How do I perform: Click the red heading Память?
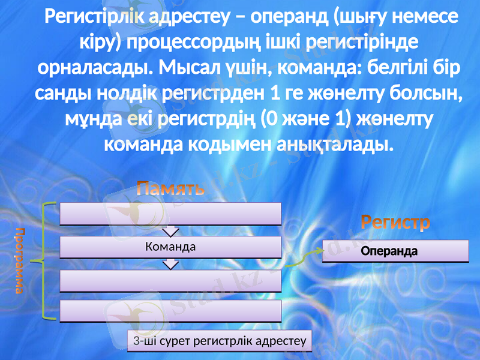[x=171, y=189]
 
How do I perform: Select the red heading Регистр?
[x=395, y=223]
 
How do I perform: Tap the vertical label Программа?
[x=20, y=261]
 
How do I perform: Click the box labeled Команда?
[x=171, y=247]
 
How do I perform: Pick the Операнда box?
[x=395, y=251]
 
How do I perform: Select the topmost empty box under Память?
[x=171, y=213]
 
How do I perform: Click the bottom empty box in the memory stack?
[x=171, y=311]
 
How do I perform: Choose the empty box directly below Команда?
[x=171, y=280]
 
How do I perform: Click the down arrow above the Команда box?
[x=171, y=230]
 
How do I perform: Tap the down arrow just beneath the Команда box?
[x=171, y=263]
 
